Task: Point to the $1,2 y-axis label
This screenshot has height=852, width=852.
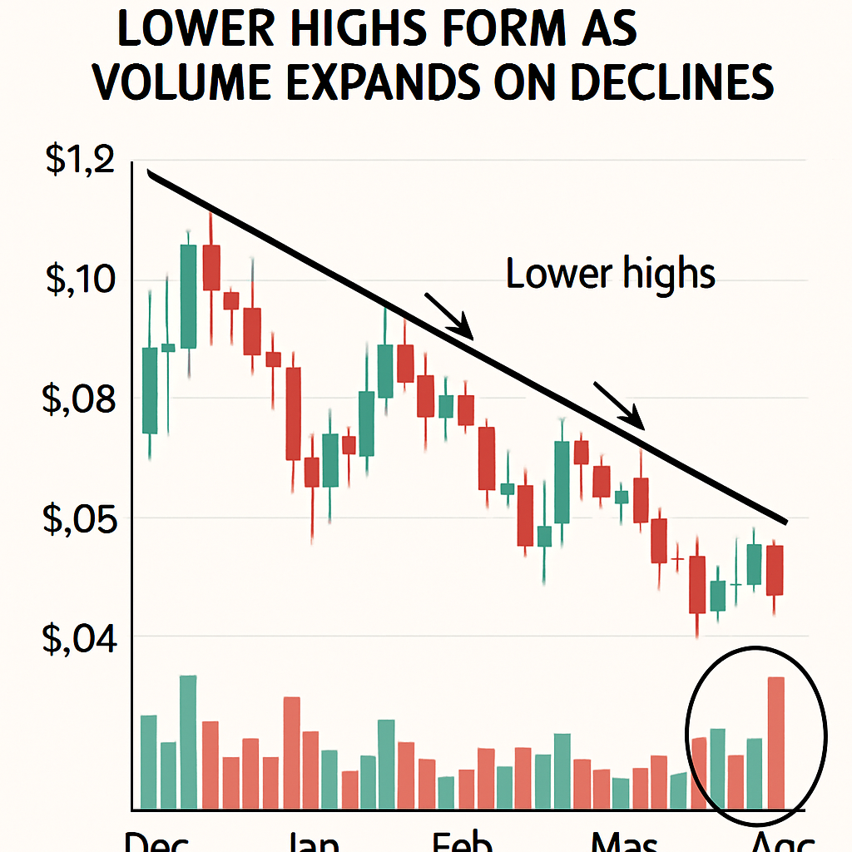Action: pos(80,160)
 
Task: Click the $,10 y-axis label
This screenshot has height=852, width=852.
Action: pos(80,280)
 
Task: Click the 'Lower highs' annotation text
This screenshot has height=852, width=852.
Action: pos(611,274)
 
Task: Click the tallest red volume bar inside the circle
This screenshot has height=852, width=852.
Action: pos(775,742)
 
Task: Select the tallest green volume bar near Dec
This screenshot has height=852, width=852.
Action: pos(188,741)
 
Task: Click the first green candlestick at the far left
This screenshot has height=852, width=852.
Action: pos(150,389)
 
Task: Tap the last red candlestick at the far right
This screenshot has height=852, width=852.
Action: pos(775,570)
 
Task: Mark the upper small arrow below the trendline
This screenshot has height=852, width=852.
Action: pos(449,316)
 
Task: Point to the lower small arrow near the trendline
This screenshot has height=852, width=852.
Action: pos(619,405)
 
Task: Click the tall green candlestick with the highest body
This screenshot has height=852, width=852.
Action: pos(188,296)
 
